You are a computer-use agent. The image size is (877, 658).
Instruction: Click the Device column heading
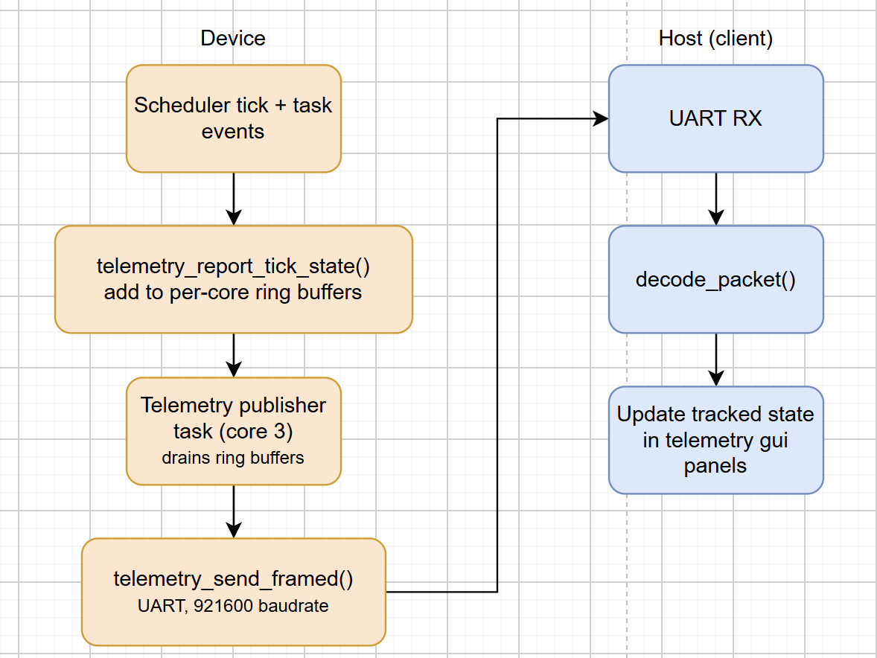tap(233, 38)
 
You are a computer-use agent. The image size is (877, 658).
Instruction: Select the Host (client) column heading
tap(715, 39)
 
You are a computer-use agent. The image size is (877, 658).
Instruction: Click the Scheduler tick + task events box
tap(234, 118)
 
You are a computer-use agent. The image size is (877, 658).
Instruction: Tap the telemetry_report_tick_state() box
tap(234, 280)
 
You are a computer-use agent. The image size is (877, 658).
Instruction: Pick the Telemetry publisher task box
tap(234, 431)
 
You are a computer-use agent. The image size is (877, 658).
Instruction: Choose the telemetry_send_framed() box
tap(234, 592)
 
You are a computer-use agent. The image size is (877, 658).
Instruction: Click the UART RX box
tap(716, 118)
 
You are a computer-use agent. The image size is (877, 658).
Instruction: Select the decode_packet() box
tap(716, 280)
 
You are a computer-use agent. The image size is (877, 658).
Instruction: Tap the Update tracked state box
tap(716, 440)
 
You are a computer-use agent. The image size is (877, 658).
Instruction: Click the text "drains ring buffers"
tap(233, 458)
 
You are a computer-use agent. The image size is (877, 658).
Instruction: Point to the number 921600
tap(219, 605)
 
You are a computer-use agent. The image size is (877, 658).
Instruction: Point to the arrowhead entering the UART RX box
tap(602, 118)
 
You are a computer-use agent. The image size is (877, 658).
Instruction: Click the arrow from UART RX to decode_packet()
tap(716, 199)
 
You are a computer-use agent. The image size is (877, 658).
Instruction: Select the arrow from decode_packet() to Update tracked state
tap(716, 360)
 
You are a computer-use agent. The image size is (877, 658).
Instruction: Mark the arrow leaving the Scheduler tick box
tap(234, 199)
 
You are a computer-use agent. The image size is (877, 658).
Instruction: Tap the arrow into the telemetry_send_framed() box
tap(234, 511)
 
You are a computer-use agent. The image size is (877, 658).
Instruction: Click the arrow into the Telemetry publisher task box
tap(234, 356)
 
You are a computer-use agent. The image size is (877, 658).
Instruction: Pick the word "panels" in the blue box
tap(715, 466)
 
